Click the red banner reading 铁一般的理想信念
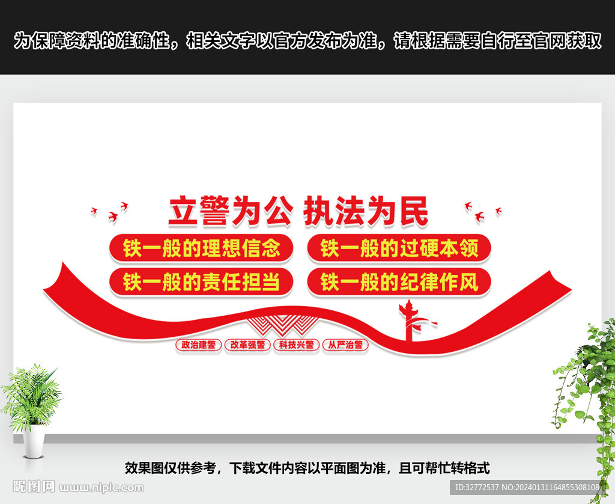pyautogui.click(x=201, y=248)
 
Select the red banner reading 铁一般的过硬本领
pyautogui.click(x=399, y=248)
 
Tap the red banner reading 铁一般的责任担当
pyautogui.click(x=201, y=281)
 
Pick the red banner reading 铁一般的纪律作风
pyautogui.click(x=399, y=281)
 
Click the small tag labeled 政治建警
pyautogui.click(x=198, y=345)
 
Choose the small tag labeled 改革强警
pyautogui.click(x=247, y=345)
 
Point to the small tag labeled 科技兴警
pyautogui.click(x=296, y=345)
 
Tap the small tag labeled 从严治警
pyautogui.click(x=345, y=345)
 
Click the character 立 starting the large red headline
pyautogui.click(x=183, y=211)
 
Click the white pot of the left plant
pyautogui.click(x=34, y=441)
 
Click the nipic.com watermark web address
pyautogui.click(x=101, y=488)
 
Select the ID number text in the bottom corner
pyautogui.click(x=527, y=488)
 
